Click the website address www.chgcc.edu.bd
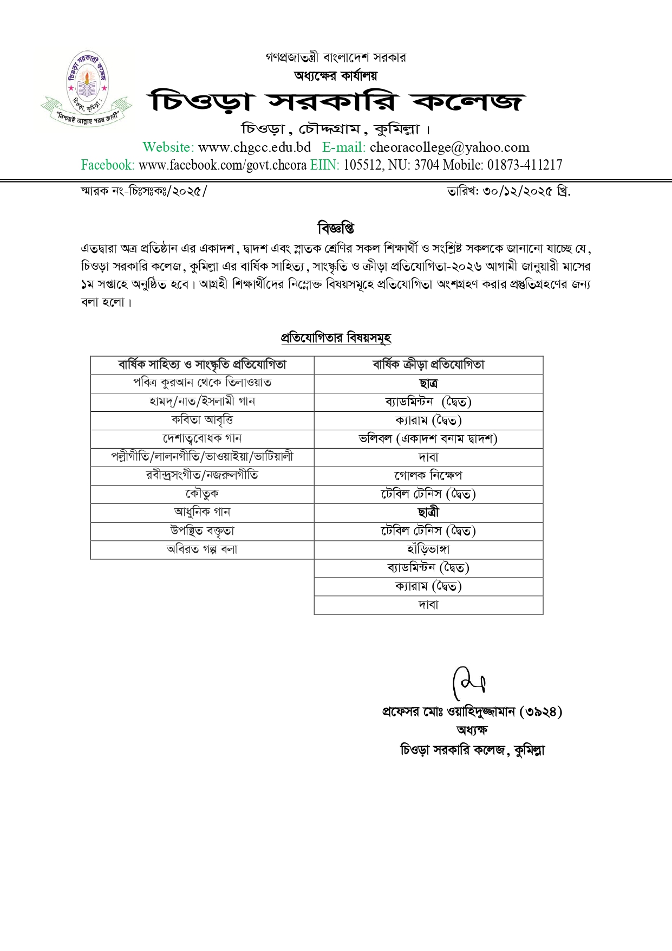(255, 147)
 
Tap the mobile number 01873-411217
(525, 165)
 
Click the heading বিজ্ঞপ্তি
(336, 228)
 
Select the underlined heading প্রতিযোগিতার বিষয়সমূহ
(336, 338)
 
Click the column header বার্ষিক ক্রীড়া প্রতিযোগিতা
(428, 365)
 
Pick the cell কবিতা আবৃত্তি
(202, 420)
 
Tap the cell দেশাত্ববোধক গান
(202, 438)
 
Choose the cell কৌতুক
(202, 494)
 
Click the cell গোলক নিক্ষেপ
(428, 475)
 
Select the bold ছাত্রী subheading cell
(428, 512)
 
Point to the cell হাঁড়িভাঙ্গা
(428, 549)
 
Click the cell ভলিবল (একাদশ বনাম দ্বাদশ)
(428, 438)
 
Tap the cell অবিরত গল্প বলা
(202, 549)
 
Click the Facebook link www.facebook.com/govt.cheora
(223, 165)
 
